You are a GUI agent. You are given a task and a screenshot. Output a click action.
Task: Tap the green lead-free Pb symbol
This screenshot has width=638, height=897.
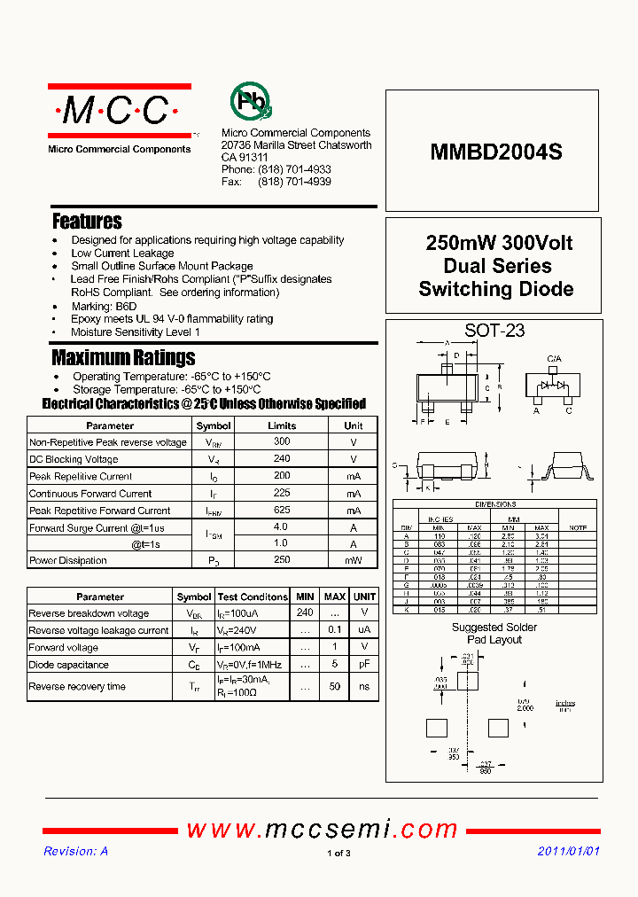pos(250,102)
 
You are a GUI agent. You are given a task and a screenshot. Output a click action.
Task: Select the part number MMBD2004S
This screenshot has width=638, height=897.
pos(496,152)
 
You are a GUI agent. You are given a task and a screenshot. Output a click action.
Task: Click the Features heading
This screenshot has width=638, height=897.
pos(87,221)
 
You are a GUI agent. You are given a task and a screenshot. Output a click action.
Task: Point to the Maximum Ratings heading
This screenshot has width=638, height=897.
pos(123,357)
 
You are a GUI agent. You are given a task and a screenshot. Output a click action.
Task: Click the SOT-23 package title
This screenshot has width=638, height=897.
pos(494,331)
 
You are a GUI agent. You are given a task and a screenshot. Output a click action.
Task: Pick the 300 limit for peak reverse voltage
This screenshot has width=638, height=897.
pos(282,441)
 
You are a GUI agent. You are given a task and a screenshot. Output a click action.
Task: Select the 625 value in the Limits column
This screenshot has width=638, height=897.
pos(282,511)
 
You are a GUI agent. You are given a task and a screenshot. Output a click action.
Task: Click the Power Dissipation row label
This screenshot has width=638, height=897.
pos(68,560)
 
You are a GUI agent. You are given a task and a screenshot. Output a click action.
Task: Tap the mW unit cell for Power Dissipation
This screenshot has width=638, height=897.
pos(354,560)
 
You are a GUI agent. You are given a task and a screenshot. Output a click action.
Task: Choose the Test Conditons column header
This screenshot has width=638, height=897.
pos(253,597)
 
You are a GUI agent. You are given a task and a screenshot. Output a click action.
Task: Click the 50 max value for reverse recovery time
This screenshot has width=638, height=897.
pos(335,686)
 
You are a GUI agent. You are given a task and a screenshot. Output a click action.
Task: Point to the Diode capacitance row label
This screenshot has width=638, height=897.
pos(69,665)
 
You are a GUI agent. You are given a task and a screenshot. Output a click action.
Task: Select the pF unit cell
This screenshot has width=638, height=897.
pos(364,665)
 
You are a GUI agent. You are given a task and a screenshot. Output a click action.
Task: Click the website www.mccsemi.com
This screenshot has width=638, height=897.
pos(322,830)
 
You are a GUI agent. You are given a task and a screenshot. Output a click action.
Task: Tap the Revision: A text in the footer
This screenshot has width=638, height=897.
pos(76,851)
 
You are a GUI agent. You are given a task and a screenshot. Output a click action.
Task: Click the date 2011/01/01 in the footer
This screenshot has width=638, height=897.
pos(569,851)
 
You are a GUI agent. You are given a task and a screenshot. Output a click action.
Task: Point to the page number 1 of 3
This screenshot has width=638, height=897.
pos(339,854)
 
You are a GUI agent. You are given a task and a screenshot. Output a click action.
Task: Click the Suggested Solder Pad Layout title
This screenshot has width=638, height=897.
pos(494,633)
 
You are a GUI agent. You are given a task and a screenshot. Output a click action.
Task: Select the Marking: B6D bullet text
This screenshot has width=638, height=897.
pos(104,306)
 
